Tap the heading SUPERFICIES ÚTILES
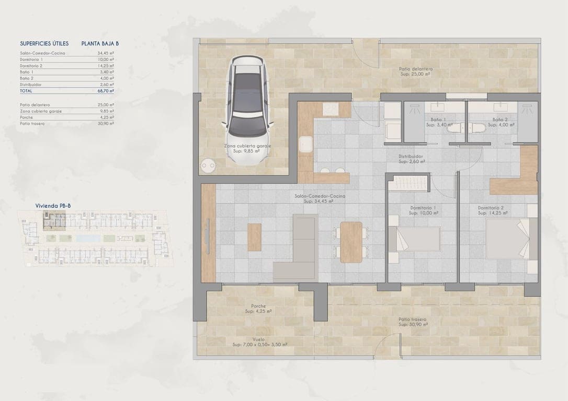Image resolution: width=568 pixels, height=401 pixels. (44, 44)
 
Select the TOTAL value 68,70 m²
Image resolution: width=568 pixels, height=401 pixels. (106, 91)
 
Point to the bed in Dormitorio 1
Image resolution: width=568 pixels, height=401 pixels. (417, 239)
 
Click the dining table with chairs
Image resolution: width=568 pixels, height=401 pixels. (351, 242)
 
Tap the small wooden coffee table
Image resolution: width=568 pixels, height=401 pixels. (255, 237)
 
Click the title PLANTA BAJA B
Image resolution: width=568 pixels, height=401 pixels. (100, 44)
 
